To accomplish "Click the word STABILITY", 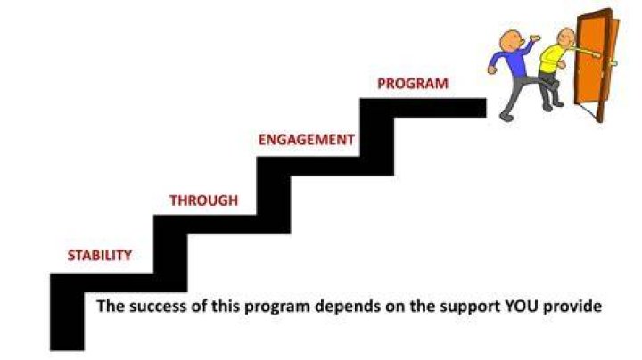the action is (100, 255).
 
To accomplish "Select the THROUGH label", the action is (203, 200).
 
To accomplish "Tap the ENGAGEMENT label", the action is (306, 140).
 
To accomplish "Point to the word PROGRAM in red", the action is (413, 84).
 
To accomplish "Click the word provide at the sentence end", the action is (572, 307).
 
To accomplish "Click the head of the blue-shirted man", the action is (511, 40).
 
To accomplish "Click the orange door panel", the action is (591, 61).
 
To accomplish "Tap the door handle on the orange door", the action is (613, 63).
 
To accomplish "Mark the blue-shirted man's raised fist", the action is (535, 38).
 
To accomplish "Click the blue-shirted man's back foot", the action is (506, 117).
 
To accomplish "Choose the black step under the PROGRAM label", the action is (424, 108).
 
